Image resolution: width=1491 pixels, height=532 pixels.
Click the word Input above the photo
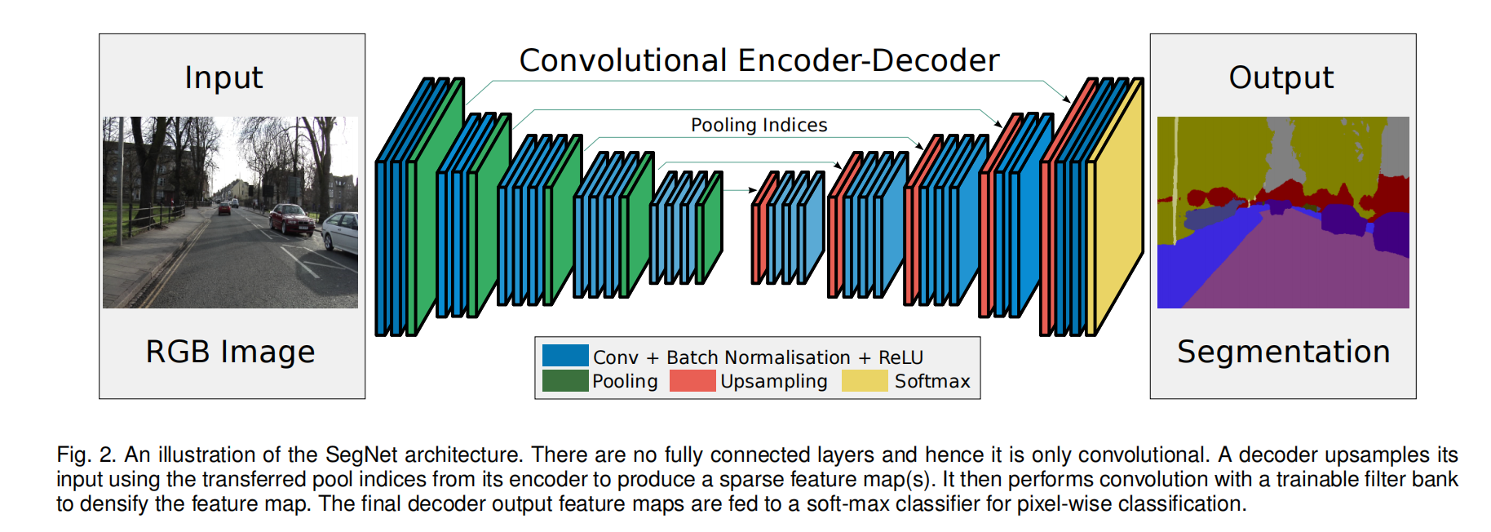pos(223,78)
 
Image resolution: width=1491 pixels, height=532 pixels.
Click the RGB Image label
pos(230,352)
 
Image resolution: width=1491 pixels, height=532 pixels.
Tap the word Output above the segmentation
pos(1281,78)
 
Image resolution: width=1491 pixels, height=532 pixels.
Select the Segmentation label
pos(1283,352)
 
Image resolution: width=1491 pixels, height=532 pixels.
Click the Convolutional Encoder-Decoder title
pos(759,60)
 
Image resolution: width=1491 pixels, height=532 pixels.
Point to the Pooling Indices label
pos(759,125)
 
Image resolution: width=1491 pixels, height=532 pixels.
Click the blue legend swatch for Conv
pos(565,355)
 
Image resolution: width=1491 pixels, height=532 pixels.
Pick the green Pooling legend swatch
pos(565,380)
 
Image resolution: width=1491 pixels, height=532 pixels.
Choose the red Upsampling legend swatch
pos(692,380)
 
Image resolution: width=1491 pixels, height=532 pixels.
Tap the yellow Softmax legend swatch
pos(865,380)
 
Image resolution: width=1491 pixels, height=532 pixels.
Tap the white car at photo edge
pos(343,233)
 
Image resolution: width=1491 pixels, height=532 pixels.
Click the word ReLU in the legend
pos(900,357)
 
